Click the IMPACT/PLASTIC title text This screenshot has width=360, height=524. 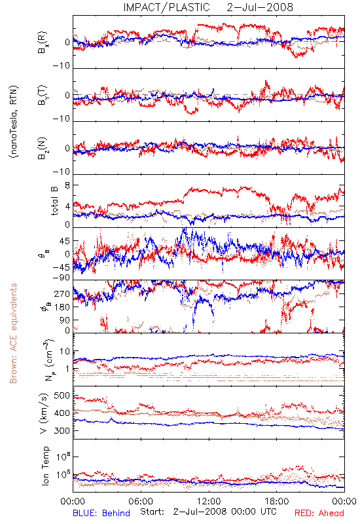tap(166, 7)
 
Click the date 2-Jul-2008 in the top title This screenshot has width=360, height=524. tap(260, 7)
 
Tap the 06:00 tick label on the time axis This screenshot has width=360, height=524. tap(141, 501)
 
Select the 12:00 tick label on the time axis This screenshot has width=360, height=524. tap(209, 501)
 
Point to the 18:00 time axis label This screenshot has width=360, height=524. tap(277, 501)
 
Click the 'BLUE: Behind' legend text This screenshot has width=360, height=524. tap(101, 513)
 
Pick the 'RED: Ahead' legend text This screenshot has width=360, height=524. tap(319, 513)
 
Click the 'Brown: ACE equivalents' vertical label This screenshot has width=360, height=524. tap(13, 333)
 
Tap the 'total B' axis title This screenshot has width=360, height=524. tap(54, 201)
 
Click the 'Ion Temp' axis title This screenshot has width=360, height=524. tap(45, 466)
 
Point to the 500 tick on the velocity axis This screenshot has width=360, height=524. tap(62, 396)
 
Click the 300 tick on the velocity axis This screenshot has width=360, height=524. tap(62, 431)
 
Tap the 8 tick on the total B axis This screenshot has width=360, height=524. tap(67, 185)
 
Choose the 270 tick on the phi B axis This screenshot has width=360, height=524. tap(62, 294)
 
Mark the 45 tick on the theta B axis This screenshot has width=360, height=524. tap(65, 241)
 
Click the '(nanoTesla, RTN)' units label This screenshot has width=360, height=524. tap(14, 122)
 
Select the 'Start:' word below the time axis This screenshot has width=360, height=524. tap(152, 512)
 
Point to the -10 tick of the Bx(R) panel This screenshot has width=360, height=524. tap(61, 66)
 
